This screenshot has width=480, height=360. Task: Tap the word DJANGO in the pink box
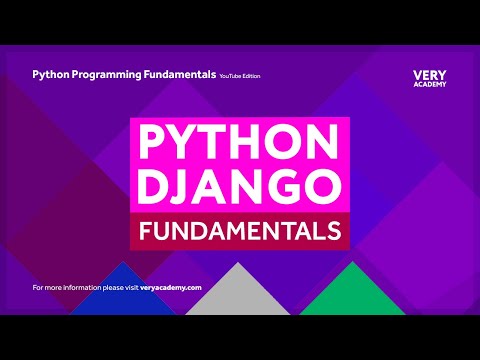coord(239,186)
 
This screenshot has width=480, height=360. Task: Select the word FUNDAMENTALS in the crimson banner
coord(239,231)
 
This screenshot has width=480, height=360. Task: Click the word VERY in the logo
coord(429,75)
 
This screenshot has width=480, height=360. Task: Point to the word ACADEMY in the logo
coord(429,86)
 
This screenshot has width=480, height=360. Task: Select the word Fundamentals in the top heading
coord(184,74)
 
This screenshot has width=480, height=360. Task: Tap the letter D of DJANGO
coord(153,186)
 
